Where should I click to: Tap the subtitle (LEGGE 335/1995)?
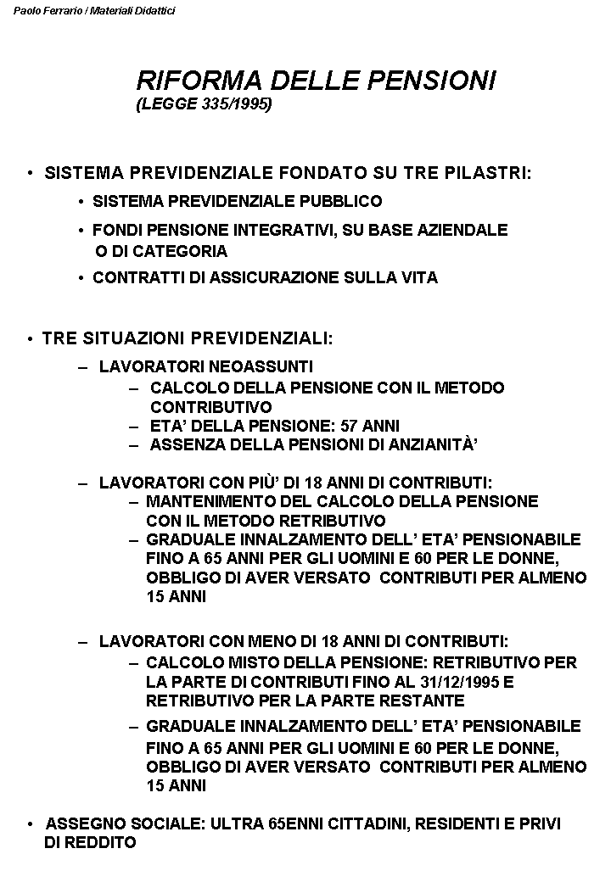tap(204, 104)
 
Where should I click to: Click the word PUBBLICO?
tap(343, 202)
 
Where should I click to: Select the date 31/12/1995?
tap(466, 682)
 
